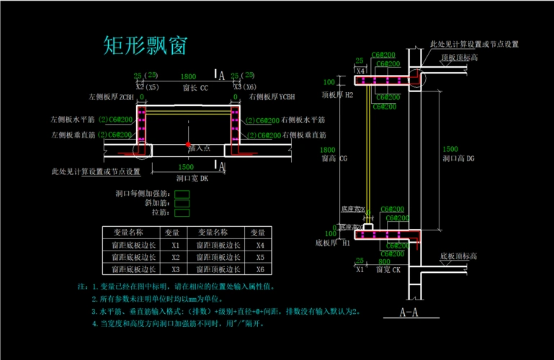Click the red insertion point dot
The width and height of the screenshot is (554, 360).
pos(188,145)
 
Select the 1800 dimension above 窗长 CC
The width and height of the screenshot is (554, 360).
pos(188,76)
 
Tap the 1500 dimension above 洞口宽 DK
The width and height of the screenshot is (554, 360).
pos(184,166)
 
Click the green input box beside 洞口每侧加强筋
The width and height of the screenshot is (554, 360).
pos(182,194)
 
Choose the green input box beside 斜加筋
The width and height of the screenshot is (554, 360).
pos(182,203)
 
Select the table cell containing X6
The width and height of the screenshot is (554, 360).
pos(257,269)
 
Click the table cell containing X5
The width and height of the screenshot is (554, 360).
pos(257,257)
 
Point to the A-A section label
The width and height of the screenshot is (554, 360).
pos(410,312)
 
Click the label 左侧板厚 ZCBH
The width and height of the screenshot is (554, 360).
pos(111,96)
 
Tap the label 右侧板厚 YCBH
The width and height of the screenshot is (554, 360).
pos(272,96)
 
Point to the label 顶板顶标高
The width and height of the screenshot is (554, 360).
pos(460,58)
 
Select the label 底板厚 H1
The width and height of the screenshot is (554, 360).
pos(333,243)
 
